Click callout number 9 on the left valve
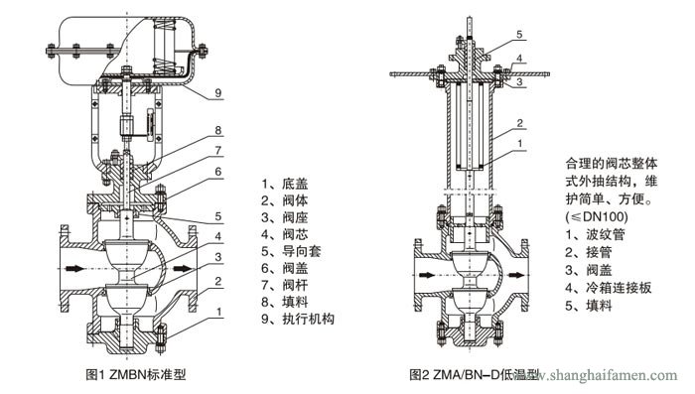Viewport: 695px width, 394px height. pos(217,93)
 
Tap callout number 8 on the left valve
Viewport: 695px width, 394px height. pos(217,130)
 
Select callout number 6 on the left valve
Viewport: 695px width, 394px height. pos(217,172)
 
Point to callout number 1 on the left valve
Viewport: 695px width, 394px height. pos(219,312)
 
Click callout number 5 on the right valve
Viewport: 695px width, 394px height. pos(519,35)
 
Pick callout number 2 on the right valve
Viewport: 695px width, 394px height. pos(519,123)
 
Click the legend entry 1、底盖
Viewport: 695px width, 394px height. pos(285,184)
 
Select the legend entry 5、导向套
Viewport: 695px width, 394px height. pos(291,251)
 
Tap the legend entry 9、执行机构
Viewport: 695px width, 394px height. pos(298,319)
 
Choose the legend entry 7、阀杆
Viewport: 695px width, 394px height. pos(285,285)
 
